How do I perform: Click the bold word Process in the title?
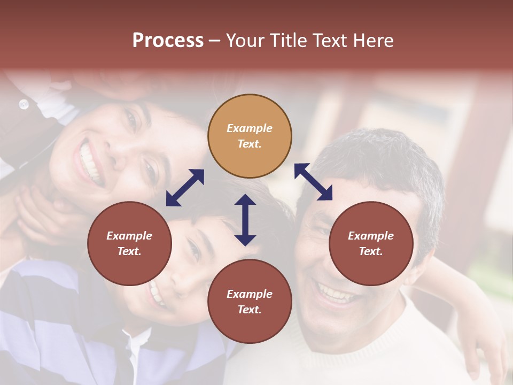pyautogui.click(x=168, y=41)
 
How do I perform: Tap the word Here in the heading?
pyautogui.click(x=372, y=41)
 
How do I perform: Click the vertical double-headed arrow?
pyautogui.click(x=245, y=220)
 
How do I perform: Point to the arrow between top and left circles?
pyautogui.click(x=185, y=188)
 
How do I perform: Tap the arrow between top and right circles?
pyautogui.click(x=313, y=182)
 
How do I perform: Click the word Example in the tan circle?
pyautogui.click(x=250, y=128)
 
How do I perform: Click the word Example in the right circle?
pyautogui.click(x=371, y=236)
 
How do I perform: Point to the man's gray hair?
pyautogui.click(x=374, y=155)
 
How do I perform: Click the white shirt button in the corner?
pyautogui.click(x=24, y=104)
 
